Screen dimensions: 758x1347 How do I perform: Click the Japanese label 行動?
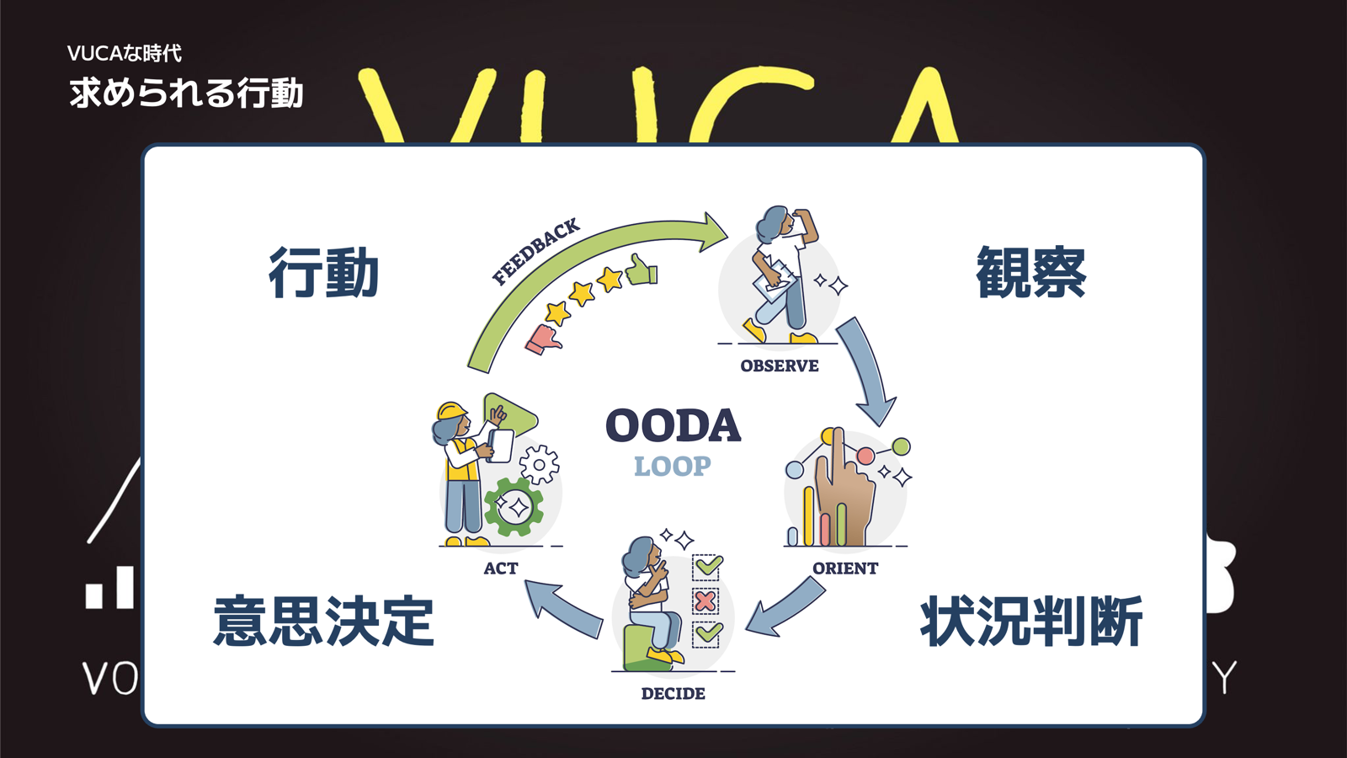click(x=324, y=273)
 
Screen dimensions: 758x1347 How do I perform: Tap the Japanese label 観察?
click(x=1031, y=273)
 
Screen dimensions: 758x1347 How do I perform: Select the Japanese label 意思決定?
click(x=324, y=622)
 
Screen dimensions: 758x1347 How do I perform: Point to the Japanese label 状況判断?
click(x=1031, y=622)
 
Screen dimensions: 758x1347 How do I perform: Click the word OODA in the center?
click(x=673, y=425)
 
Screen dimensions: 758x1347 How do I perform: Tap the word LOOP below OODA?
click(x=673, y=466)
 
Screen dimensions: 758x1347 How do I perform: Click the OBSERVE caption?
click(x=780, y=366)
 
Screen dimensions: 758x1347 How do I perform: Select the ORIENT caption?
click(x=845, y=568)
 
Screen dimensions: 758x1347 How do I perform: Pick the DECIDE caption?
click(x=673, y=694)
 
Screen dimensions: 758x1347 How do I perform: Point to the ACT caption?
click(x=501, y=568)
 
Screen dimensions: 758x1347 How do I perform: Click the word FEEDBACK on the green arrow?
click(x=536, y=251)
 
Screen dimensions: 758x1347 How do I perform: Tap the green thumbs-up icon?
click(x=642, y=270)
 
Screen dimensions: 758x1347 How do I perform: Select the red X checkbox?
click(x=705, y=601)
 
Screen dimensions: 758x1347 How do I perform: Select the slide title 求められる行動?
click(x=186, y=93)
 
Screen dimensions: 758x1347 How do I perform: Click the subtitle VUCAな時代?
click(x=125, y=53)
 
